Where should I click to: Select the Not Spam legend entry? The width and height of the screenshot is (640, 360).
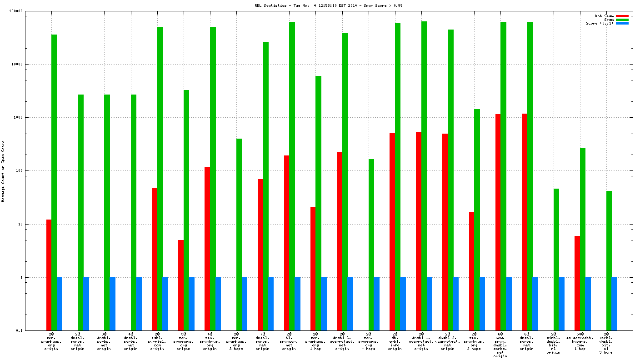604,16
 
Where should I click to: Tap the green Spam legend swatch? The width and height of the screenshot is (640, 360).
622,20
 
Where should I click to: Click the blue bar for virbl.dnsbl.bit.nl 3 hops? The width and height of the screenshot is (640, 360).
615,304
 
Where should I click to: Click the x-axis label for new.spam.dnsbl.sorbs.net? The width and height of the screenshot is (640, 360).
500,346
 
